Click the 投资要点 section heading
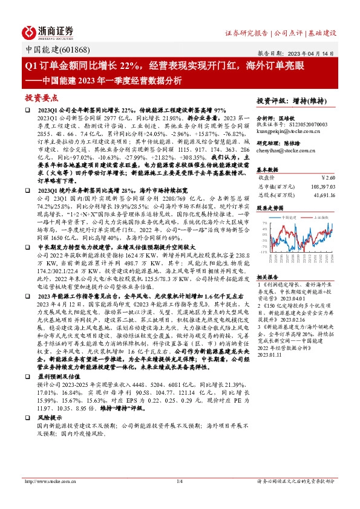point(41,97)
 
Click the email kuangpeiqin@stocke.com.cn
point(288,130)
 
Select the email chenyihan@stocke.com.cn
point(283,149)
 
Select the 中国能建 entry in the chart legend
point(290,215)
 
